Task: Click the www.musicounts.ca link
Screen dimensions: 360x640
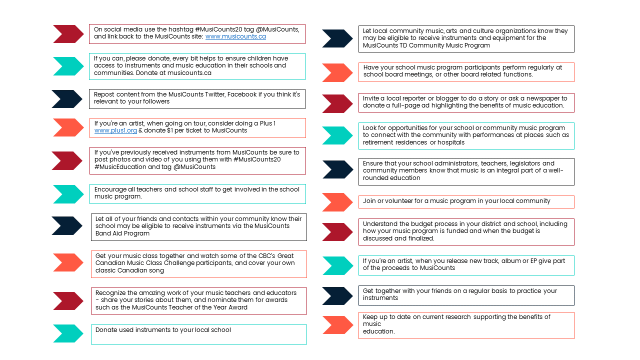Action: pos(235,36)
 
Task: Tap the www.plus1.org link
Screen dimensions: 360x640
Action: pos(115,130)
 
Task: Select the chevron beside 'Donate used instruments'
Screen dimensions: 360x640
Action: pos(68,333)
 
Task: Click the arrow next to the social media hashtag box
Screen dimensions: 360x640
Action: pos(68,34)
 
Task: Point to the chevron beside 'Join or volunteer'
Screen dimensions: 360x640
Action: pos(337,202)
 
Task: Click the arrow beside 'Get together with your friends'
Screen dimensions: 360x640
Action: pos(337,296)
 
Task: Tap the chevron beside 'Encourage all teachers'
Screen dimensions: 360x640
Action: pos(68,194)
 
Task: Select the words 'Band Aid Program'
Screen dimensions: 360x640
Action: pos(122,233)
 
